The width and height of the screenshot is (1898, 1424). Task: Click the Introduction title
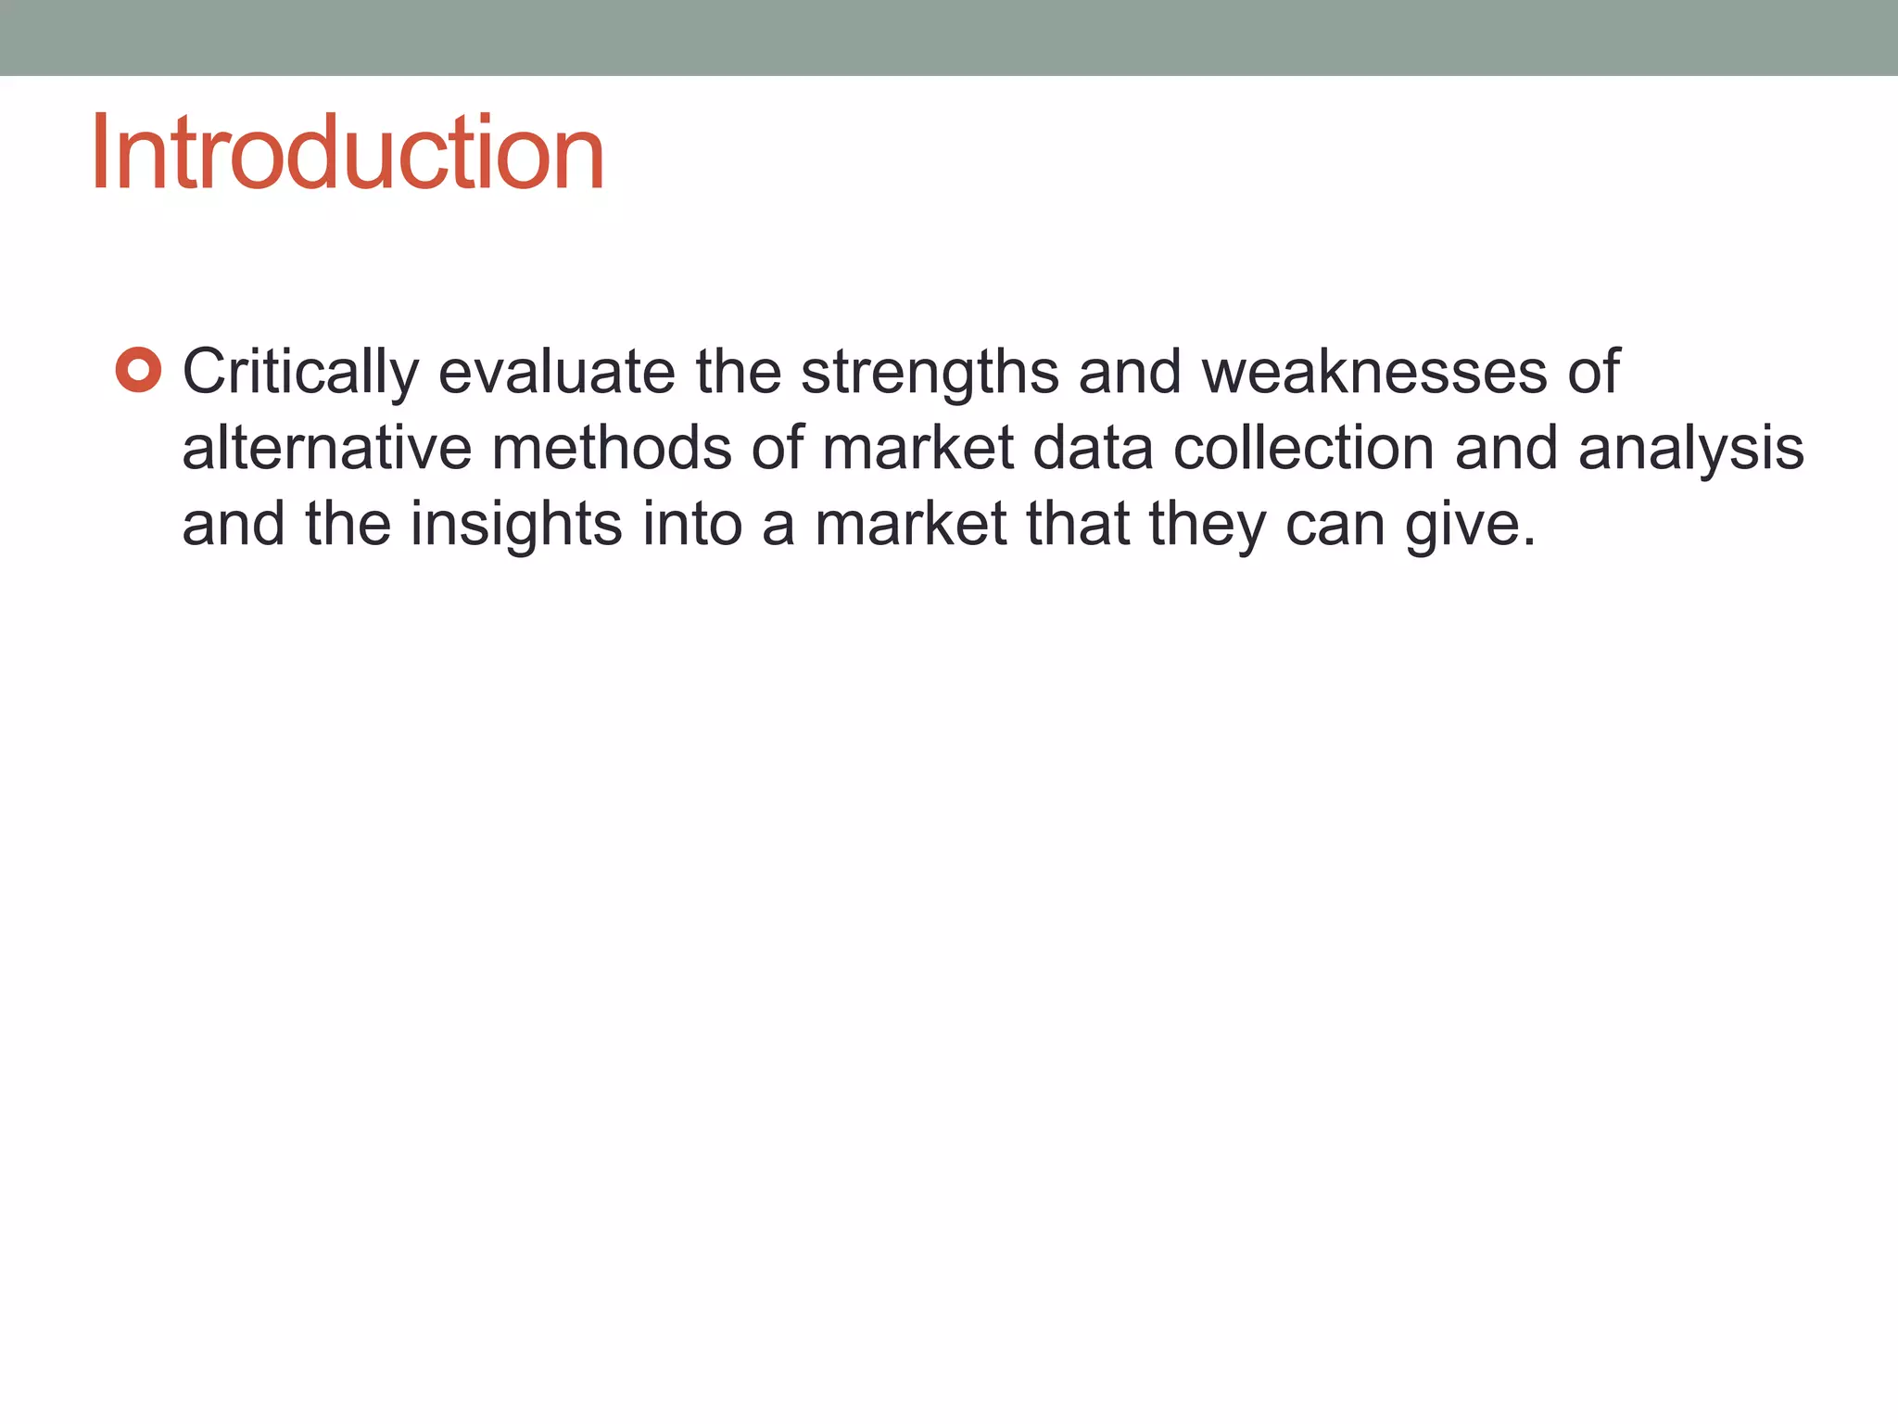(x=348, y=153)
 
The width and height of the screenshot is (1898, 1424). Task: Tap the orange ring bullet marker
(x=139, y=371)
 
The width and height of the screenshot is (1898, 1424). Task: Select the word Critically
(x=300, y=373)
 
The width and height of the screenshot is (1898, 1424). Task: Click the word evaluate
(x=556, y=373)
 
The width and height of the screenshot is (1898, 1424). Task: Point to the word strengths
(x=930, y=373)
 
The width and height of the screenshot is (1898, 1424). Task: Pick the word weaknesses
(x=1374, y=373)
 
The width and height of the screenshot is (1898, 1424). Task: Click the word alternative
(x=326, y=449)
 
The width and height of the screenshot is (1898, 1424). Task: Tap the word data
(x=1093, y=449)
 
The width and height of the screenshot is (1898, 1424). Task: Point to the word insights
(x=516, y=525)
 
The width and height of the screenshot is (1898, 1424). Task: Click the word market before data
(x=917, y=449)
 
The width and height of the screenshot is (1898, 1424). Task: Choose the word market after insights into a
(x=910, y=525)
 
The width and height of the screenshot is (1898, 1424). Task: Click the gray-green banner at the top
(x=949, y=37)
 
